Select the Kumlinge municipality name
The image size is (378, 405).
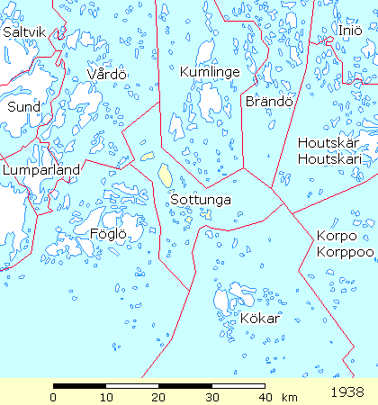click(x=209, y=71)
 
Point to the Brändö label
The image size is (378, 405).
click(x=269, y=101)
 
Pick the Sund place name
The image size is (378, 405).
click(x=23, y=106)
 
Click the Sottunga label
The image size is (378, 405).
click(x=200, y=199)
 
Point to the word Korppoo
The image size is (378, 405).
click(x=345, y=251)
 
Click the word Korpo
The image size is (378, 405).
click(x=335, y=236)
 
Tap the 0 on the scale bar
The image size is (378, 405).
click(x=54, y=397)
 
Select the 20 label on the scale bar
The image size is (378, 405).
click(x=159, y=397)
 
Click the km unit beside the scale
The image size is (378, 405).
click(x=289, y=397)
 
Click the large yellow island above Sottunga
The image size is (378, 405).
click(x=166, y=173)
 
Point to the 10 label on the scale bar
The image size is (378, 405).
click(x=106, y=397)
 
